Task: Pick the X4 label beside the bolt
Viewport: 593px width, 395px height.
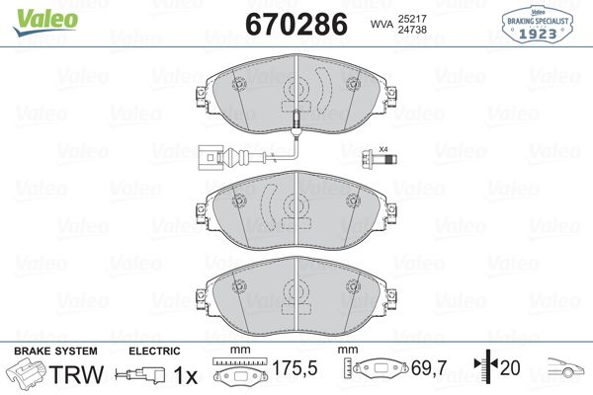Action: click(385, 148)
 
